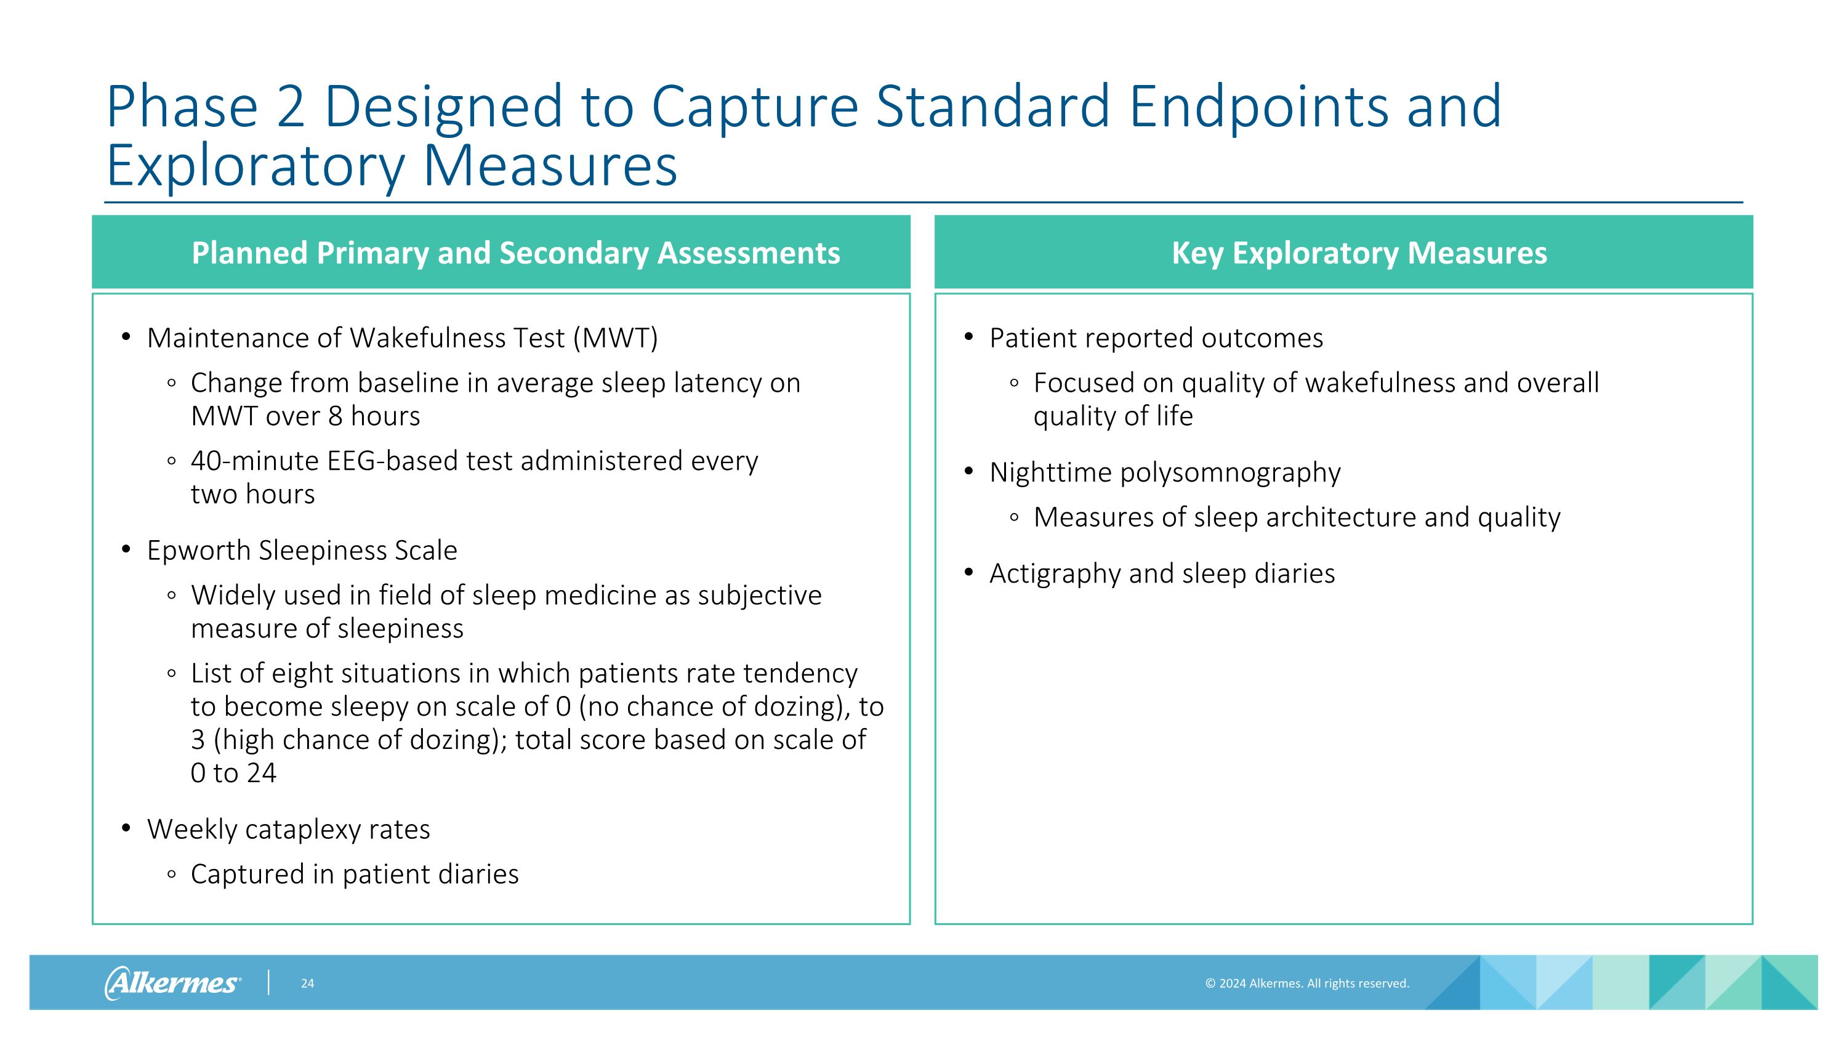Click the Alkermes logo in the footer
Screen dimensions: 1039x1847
click(173, 982)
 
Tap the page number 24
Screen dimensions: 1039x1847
click(307, 983)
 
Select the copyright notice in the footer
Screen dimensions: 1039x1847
click(1306, 983)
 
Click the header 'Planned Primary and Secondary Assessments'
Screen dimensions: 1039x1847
click(515, 253)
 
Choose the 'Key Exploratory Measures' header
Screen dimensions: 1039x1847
click(1359, 253)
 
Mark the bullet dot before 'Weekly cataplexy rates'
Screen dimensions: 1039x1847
click(126, 828)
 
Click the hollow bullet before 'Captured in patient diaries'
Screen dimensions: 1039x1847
click(171, 874)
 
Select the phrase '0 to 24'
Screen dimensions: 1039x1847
click(233, 773)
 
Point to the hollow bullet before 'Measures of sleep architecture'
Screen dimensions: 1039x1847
click(1013, 517)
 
